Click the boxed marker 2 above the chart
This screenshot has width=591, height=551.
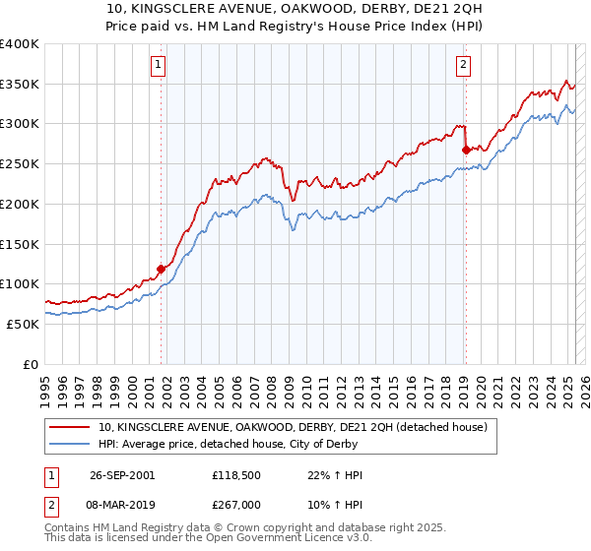click(463, 66)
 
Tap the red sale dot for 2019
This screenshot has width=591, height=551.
click(465, 151)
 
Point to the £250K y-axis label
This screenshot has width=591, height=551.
click(19, 163)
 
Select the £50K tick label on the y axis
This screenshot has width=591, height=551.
click(23, 324)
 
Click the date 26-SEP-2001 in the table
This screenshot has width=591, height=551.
click(121, 475)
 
